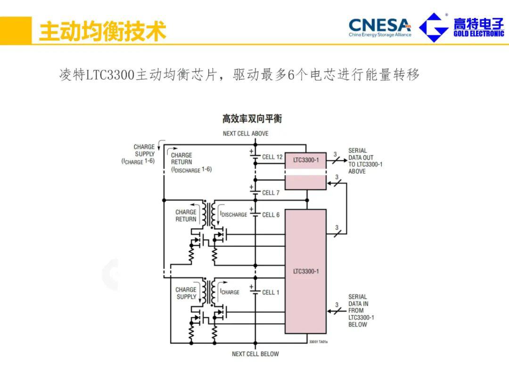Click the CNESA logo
(x=380, y=27)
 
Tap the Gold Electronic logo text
(x=478, y=27)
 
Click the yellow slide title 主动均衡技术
(x=102, y=31)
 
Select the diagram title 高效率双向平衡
(x=252, y=118)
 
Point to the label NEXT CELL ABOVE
(x=246, y=133)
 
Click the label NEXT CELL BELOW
(x=255, y=354)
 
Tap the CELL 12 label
(x=272, y=157)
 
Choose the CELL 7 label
(x=271, y=193)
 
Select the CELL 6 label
(x=271, y=215)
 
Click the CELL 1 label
(x=271, y=292)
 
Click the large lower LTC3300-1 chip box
(x=305, y=272)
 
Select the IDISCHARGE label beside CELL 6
(x=234, y=214)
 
